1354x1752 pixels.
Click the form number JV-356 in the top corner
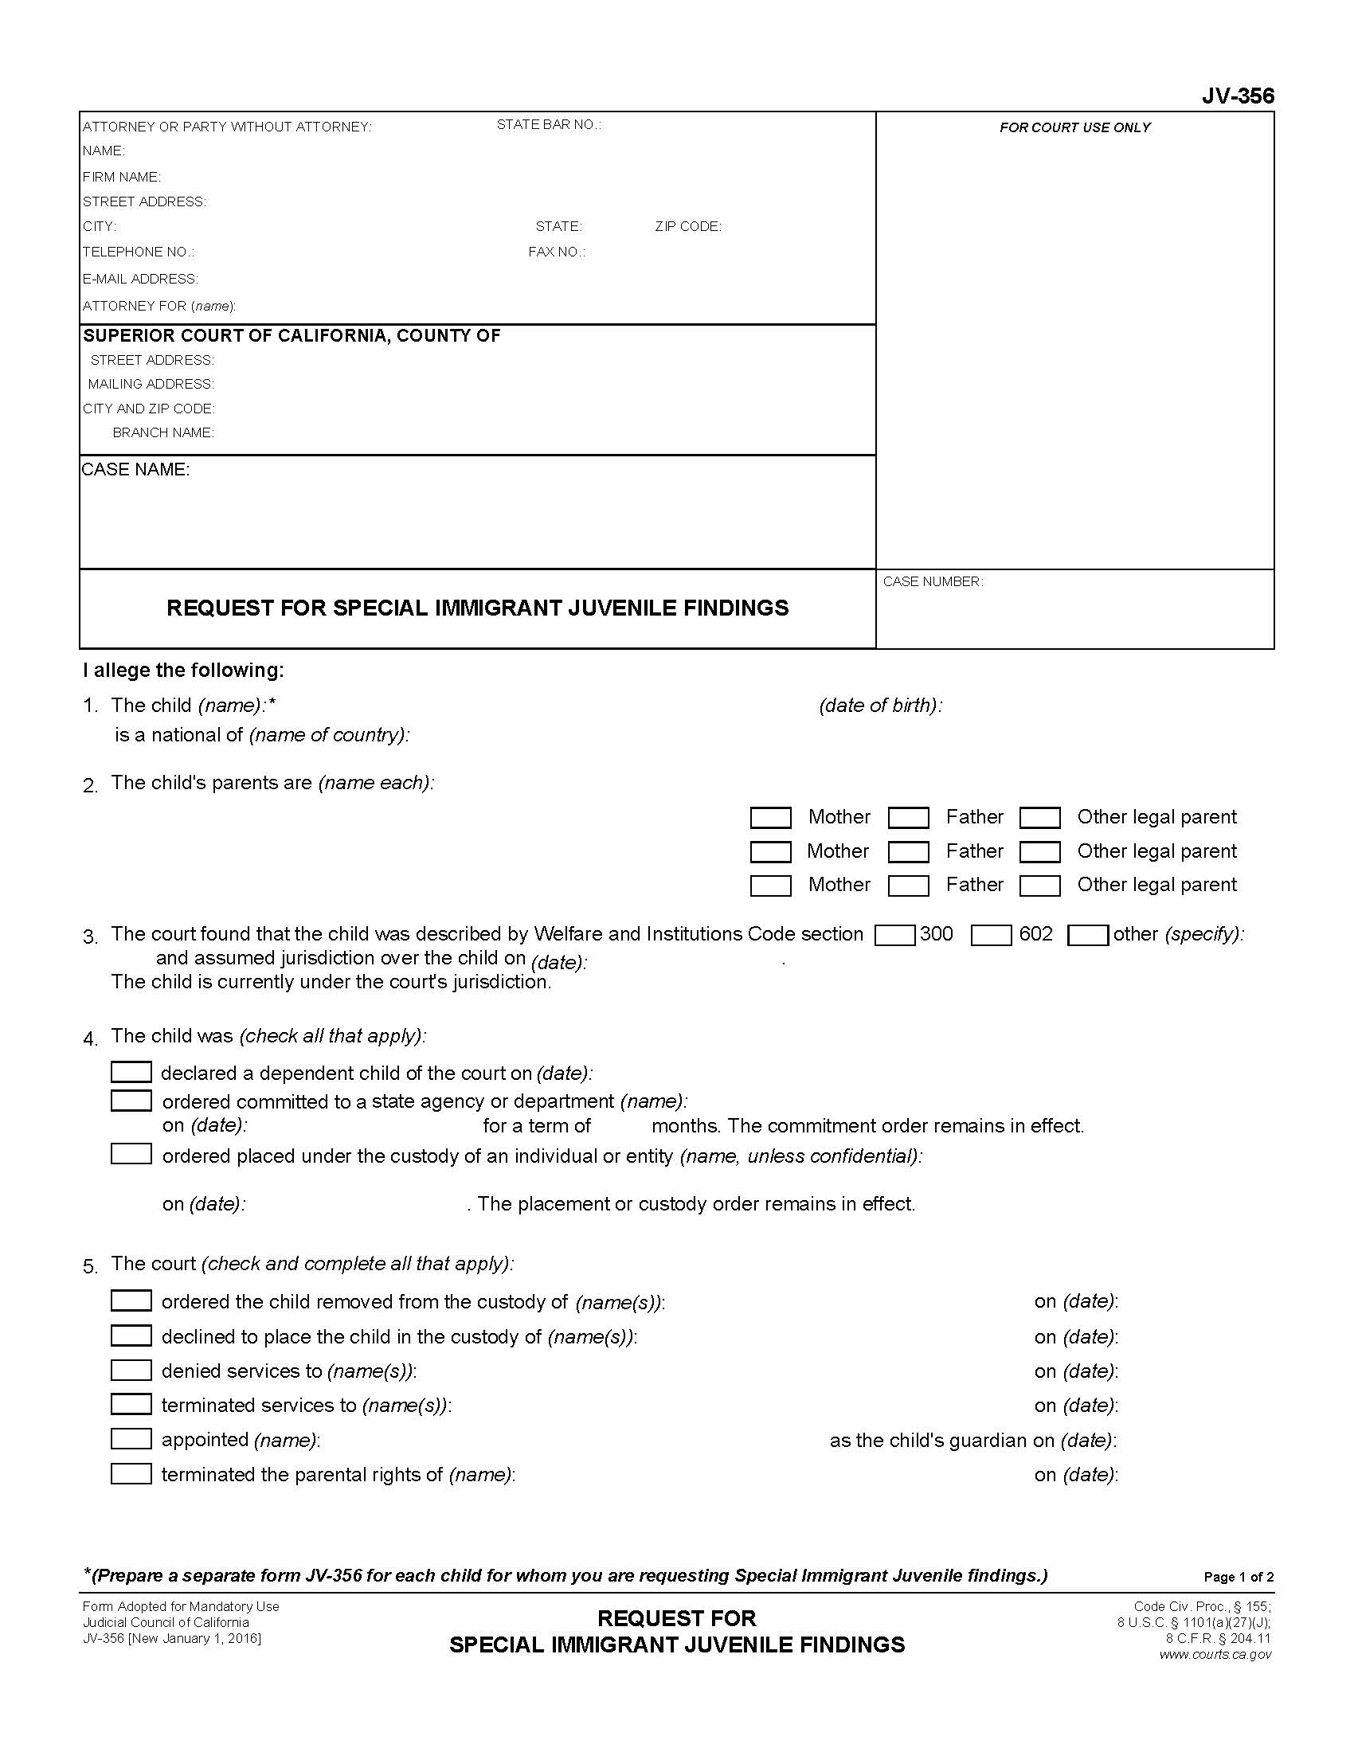click(x=1237, y=96)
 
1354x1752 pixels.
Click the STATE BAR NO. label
click(x=549, y=125)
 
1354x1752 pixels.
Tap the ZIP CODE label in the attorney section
click(x=687, y=227)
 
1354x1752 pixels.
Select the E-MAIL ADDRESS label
click(x=140, y=280)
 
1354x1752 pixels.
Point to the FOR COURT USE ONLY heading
click(x=1074, y=127)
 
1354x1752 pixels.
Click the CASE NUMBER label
click(x=932, y=581)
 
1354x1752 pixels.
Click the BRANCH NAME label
click(x=162, y=433)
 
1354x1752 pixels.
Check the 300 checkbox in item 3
click(x=894, y=936)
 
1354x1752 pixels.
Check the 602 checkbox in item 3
click(x=991, y=936)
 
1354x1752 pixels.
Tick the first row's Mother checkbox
click(x=770, y=817)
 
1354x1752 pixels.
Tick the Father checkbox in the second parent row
click(x=908, y=851)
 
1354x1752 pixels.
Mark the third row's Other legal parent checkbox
click(x=1039, y=886)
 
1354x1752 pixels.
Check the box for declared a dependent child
click(x=131, y=1073)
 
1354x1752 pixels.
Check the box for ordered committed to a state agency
click(x=131, y=1101)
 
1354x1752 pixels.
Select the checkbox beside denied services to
click(x=131, y=1371)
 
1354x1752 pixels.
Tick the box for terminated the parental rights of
click(x=131, y=1473)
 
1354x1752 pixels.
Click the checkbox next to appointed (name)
click(x=131, y=1438)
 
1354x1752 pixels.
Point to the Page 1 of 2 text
click(x=1238, y=1577)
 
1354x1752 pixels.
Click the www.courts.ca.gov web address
click(x=1215, y=1654)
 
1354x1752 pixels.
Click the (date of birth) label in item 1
click(x=880, y=706)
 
